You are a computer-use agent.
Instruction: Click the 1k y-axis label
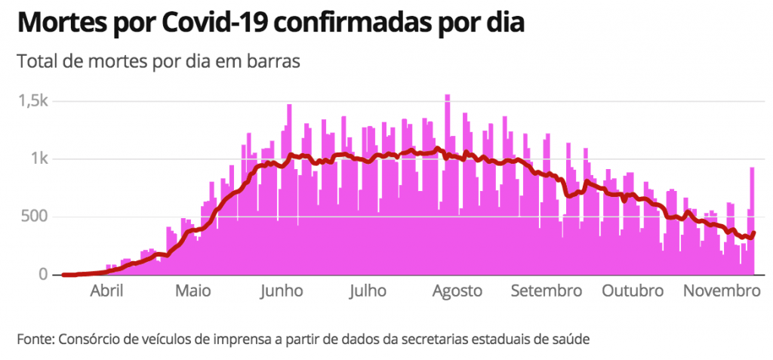point(39,159)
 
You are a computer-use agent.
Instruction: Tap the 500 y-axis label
point(35,217)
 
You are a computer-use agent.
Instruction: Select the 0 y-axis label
point(44,275)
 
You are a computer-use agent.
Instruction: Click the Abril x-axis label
point(106,291)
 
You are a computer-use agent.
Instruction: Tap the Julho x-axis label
point(368,291)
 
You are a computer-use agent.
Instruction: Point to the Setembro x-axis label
point(546,291)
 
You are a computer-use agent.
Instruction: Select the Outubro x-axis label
point(633,291)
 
